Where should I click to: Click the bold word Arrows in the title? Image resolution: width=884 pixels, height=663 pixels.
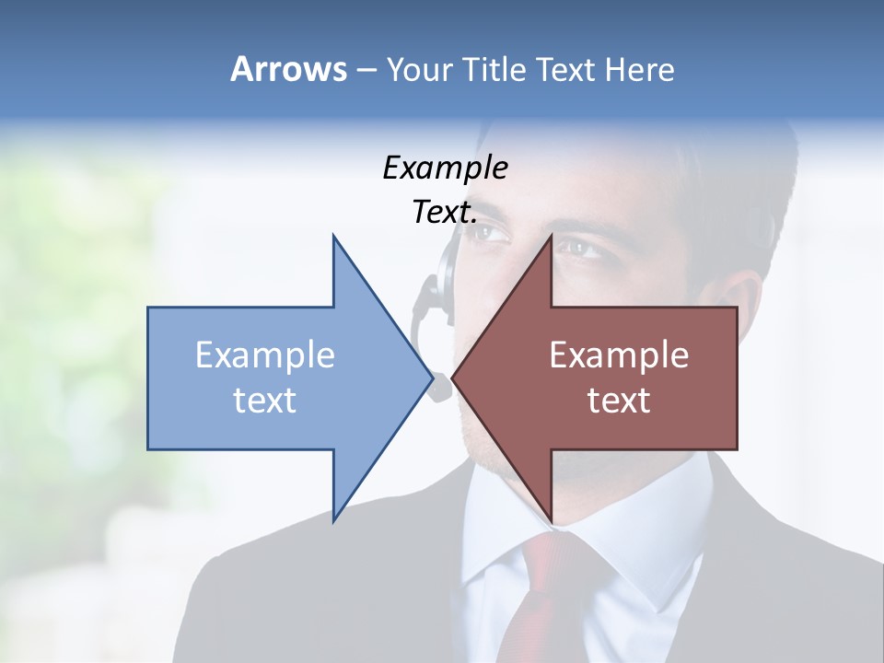[288, 69]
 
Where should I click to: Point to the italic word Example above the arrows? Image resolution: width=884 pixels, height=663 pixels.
[445, 168]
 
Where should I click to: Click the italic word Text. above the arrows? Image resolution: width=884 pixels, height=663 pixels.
[445, 213]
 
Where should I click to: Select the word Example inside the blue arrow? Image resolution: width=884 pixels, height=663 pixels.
[264, 355]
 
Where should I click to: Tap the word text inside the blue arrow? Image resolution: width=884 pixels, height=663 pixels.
[264, 400]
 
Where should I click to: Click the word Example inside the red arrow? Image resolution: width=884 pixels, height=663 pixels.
[619, 355]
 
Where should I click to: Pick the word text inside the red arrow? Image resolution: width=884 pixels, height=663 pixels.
[619, 400]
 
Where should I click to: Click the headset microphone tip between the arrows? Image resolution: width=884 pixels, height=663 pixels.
[441, 388]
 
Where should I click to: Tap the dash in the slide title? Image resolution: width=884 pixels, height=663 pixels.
[366, 71]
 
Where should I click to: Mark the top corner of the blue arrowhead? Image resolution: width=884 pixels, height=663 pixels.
[333, 236]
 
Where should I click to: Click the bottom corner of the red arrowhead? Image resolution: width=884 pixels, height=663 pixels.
[551, 521]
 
